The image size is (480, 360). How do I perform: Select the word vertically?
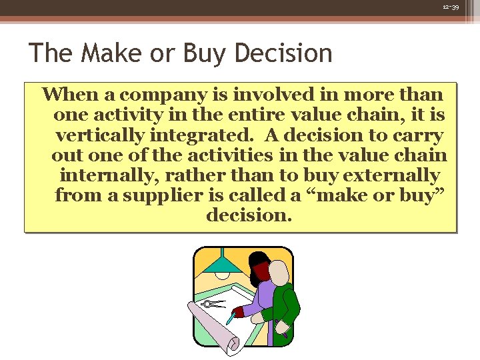[99, 135]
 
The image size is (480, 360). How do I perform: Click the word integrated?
[200, 135]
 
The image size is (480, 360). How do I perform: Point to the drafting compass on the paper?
[214, 305]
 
